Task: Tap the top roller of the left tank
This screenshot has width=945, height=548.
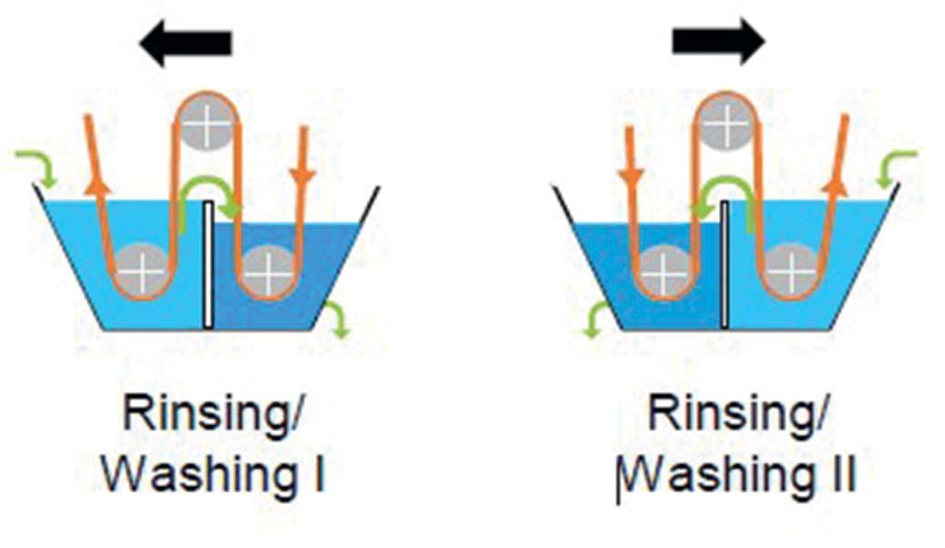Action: [207, 124]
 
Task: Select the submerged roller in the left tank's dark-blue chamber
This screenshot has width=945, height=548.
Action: [267, 269]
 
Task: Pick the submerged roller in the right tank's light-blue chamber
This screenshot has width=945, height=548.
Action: [791, 270]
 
